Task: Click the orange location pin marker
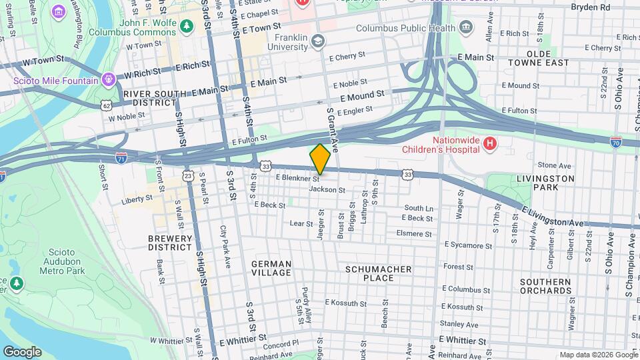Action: pyautogui.click(x=321, y=159)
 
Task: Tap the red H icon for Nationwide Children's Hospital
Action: pyautogui.click(x=490, y=143)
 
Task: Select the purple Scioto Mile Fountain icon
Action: pyautogui.click(x=108, y=81)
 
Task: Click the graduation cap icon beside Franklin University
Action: pyautogui.click(x=318, y=43)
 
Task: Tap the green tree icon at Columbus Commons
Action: pyautogui.click(x=188, y=25)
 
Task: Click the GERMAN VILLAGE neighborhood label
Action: pyautogui.click(x=271, y=268)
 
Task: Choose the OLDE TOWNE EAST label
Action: pyautogui.click(x=539, y=57)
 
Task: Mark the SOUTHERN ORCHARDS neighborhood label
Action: pyautogui.click(x=546, y=286)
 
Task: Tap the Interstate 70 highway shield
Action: pyautogui.click(x=615, y=142)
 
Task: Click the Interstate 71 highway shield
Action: pyautogui.click(x=121, y=157)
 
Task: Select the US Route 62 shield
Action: pyautogui.click(x=106, y=105)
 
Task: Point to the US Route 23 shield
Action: pyautogui.click(x=188, y=175)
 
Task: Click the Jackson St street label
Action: pyautogui.click(x=327, y=190)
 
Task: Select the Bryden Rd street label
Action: pyautogui.click(x=590, y=7)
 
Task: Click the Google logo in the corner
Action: pyautogui.click(x=22, y=351)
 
